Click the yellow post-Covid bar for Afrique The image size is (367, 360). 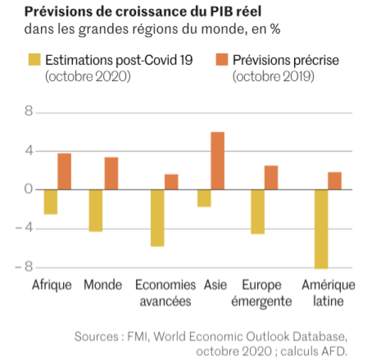click(51, 202)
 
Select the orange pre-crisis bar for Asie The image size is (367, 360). click(217, 161)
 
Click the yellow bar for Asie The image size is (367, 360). click(204, 198)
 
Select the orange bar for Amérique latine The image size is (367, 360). click(334, 181)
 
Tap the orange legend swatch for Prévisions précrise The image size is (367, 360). click(222, 60)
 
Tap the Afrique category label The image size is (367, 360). click(52, 285)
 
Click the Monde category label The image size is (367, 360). click(103, 285)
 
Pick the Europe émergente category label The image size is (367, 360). click(267, 294)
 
